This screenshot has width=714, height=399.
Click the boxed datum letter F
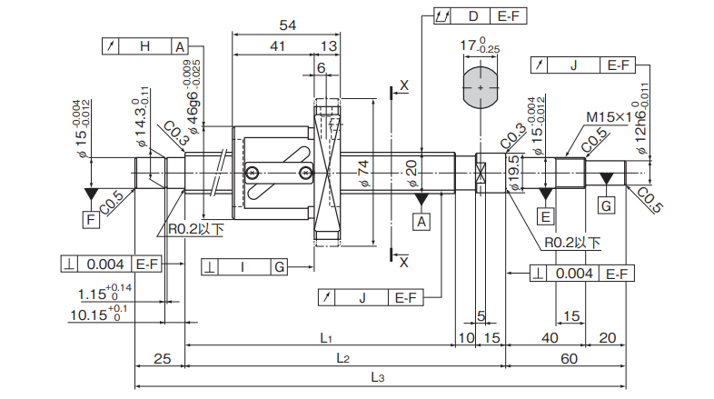coord(90,220)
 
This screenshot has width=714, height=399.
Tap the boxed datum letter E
coord(545,216)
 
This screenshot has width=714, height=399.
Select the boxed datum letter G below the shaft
coord(606,205)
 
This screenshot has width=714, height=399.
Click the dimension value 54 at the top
coord(288,24)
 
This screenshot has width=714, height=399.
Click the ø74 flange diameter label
coord(363,172)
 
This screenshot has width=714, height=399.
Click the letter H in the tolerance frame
coord(145,46)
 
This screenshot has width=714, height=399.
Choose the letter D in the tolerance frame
coord(473,16)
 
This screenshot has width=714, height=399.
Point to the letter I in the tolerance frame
coord(243,266)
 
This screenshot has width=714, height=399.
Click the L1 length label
coord(324,337)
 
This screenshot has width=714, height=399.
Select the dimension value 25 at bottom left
coord(161,359)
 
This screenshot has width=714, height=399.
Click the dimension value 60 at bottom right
coord(569,359)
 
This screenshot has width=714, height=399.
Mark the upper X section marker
coord(403,85)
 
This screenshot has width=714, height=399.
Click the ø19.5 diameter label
coord(514,173)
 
